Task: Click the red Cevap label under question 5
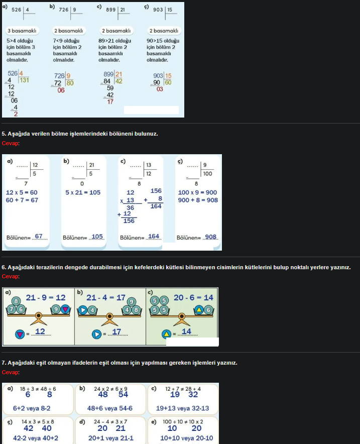[10, 143]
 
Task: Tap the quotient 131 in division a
[24, 80]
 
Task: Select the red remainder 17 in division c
[110, 101]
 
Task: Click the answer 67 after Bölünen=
[39, 236]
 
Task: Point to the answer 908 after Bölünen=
[210, 237]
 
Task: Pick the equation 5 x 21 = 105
[83, 192]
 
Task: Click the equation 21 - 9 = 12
[46, 298]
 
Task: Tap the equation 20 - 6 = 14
[194, 298]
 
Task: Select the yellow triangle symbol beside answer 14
[166, 334]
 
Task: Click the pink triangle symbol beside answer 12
[20, 335]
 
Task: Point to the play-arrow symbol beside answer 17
[96, 335]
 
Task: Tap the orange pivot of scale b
[109, 316]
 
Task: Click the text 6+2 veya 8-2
[32, 408]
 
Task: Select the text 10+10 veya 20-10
[186, 438]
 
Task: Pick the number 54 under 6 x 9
[123, 394]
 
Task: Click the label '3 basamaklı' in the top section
[22, 31]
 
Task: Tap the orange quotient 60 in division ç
[168, 82]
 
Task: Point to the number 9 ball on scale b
[132, 302]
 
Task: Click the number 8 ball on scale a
[16, 301]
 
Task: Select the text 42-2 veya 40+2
[36, 438]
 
